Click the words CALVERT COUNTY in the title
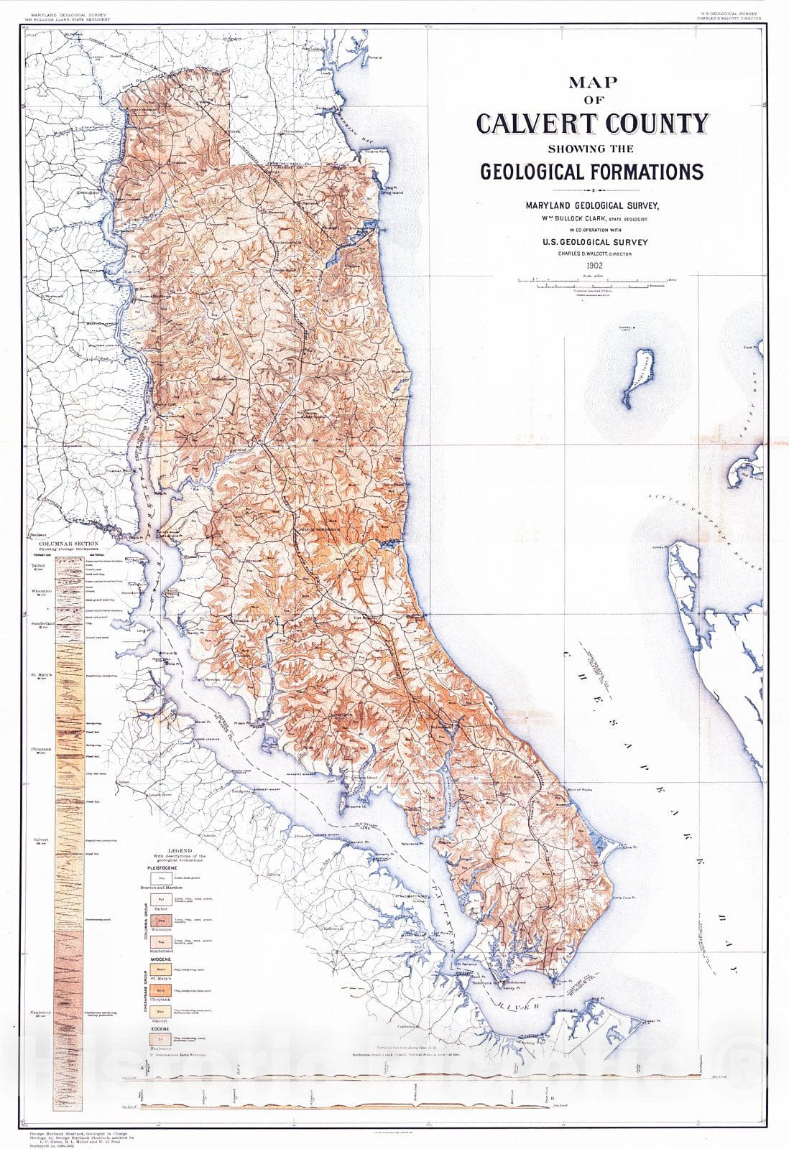point(592,124)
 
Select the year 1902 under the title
point(594,265)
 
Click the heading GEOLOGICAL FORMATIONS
point(591,172)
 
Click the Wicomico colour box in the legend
point(162,919)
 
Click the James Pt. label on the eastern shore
point(657,547)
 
